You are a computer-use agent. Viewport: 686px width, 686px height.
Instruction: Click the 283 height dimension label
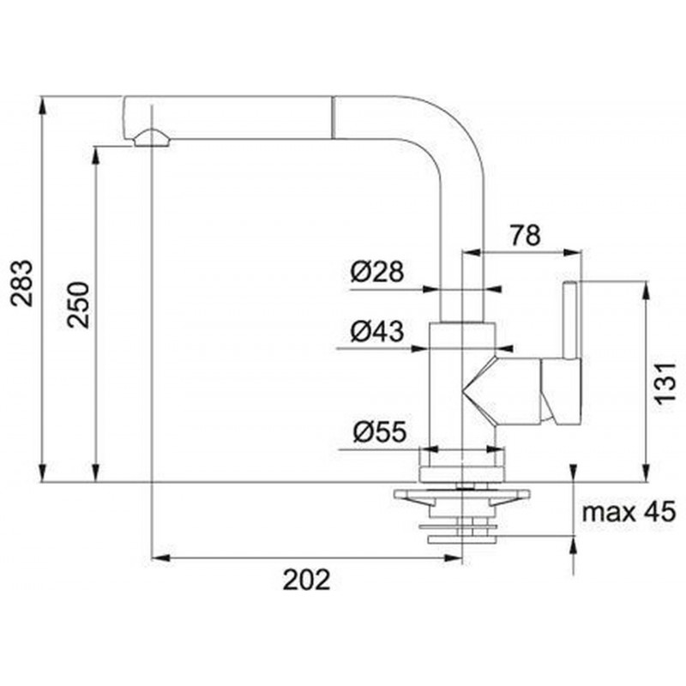tap(22, 283)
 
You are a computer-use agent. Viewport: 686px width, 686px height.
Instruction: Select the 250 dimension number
tap(78, 305)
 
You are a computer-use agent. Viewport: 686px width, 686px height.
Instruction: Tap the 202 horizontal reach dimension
tap(306, 580)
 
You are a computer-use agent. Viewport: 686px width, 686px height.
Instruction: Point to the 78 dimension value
tap(526, 235)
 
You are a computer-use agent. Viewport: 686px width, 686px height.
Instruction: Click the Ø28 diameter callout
tap(376, 271)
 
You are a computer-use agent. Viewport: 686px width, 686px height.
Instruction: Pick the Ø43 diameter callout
tap(376, 331)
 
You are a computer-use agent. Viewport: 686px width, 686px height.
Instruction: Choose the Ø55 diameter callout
tap(380, 431)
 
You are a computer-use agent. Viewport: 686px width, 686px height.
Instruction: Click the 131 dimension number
tap(665, 382)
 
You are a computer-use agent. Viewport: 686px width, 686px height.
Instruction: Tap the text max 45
tap(629, 511)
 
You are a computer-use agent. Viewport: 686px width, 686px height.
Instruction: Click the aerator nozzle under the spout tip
tap(152, 138)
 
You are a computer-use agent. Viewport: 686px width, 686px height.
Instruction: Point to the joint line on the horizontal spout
tap(333, 117)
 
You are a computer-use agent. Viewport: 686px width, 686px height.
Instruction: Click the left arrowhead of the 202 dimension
tap(160, 558)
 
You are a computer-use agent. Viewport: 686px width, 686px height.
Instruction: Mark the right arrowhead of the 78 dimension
tap(572, 252)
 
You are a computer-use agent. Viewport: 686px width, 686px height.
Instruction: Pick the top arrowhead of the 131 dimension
tap(645, 291)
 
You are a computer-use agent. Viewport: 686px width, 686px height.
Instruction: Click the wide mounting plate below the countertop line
tap(462, 495)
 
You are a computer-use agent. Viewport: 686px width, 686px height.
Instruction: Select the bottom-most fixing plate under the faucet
tap(462, 539)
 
